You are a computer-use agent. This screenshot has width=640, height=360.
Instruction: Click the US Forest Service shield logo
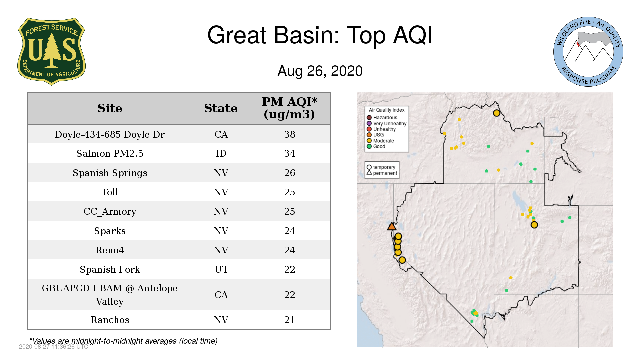[x=51, y=51]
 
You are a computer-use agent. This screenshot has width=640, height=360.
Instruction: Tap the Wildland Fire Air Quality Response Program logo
[x=588, y=52]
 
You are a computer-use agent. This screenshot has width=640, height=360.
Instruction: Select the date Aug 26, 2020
[x=320, y=71]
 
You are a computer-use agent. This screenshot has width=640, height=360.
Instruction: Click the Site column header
[x=110, y=108]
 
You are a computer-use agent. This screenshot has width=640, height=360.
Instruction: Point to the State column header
[x=221, y=108]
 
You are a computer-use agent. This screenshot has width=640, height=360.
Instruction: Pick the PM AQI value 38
[x=290, y=134]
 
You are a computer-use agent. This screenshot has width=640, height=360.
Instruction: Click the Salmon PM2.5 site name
[x=110, y=153]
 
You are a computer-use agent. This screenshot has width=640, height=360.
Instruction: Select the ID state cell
[x=221, y=153]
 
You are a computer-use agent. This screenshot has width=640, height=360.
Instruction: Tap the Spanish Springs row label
[x=110, y=173]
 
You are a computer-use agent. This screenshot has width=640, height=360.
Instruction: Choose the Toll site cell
[x=110, y=192]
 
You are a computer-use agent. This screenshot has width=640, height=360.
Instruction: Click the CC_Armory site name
[x=110, y=212]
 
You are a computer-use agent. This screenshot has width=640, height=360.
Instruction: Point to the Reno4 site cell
[x=110, y=250]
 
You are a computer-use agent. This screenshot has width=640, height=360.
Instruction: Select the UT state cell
[x=221, y=269]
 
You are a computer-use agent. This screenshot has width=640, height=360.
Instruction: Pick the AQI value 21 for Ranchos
[x=289, y=320]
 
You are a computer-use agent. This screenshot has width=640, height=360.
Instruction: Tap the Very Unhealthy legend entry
[x=387, y=123]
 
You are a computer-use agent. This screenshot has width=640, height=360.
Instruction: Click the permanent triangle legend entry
[x=382, y=173]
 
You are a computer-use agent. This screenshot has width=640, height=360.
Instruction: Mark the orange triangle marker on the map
[x=392, y=227]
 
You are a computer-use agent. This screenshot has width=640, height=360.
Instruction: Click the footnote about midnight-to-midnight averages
[x=124, y=341]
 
